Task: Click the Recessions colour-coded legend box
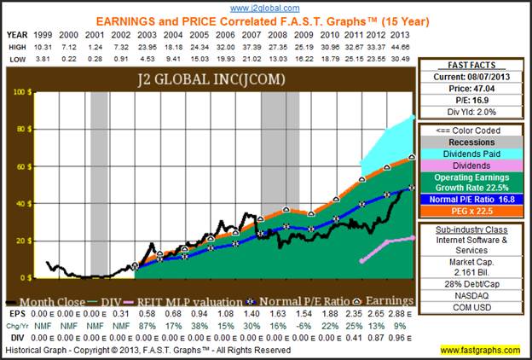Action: tap(471, 142)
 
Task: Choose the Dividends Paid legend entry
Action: tap(471, 154)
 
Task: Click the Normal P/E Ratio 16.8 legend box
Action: tap(471, 198)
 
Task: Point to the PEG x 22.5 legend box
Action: tap(471, 209)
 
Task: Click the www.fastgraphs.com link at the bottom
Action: tap(483, 350)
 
